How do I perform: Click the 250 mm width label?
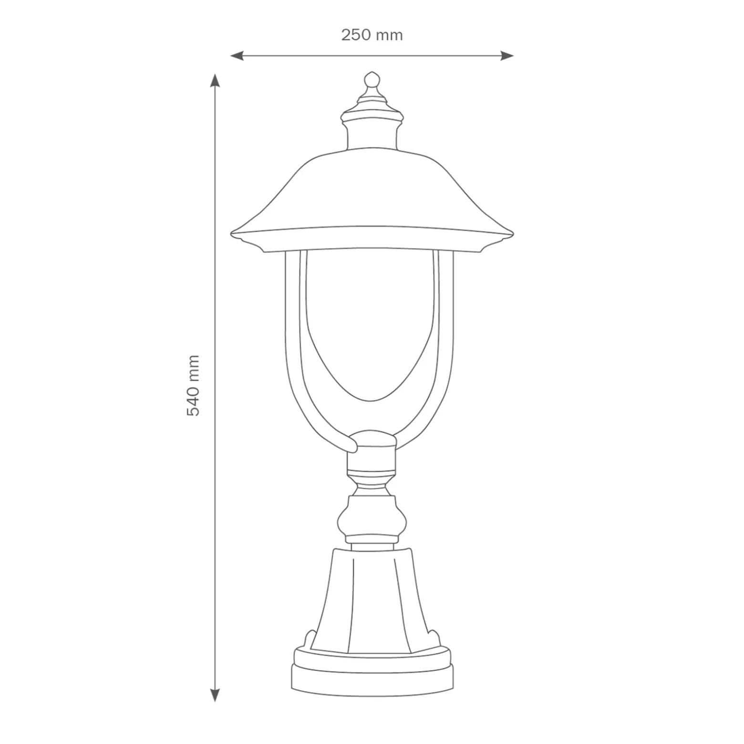click(372, 35)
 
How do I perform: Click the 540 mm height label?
click(193, 385)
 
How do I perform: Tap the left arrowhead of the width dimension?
click(237, 56)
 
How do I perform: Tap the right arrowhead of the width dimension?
click(507, 56)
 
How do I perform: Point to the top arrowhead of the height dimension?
click(215, 81)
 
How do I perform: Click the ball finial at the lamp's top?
click(372, 81)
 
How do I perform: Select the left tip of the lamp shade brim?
click(231, 234)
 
